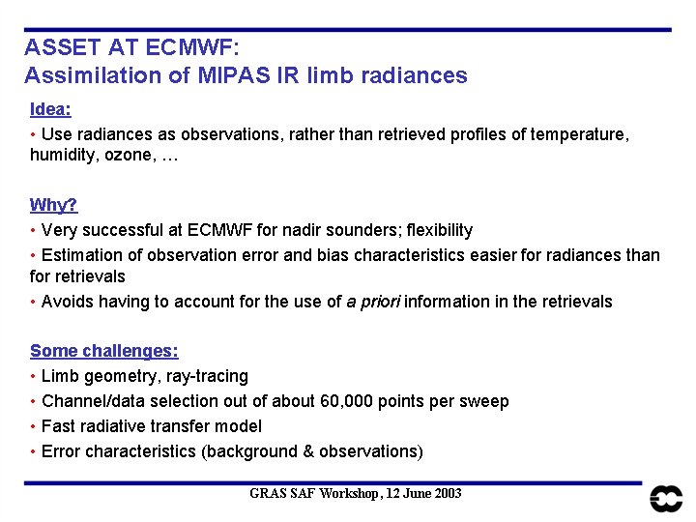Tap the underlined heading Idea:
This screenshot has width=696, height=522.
tap(51, 109)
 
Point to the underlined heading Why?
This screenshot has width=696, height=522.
tap(54, 205)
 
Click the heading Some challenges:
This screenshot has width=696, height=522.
tap(104, 352)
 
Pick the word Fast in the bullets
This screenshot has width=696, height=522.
tap(58, 426)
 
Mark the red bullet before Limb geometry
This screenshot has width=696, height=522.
tap(34, 376)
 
